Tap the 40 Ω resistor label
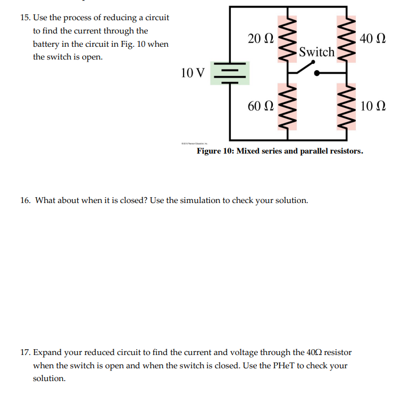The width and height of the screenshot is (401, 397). click(372, 38)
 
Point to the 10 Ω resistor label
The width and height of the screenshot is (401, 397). click(372, 106)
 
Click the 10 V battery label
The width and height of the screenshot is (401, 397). click(193, 72)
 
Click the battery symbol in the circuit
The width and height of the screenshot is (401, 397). click(230, 73)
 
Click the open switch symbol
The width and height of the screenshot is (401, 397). click(307, 68)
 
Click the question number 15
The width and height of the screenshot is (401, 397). click(25, 18)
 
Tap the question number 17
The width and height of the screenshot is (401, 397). click(25, 352)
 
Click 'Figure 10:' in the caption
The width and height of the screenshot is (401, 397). click(215, 151)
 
